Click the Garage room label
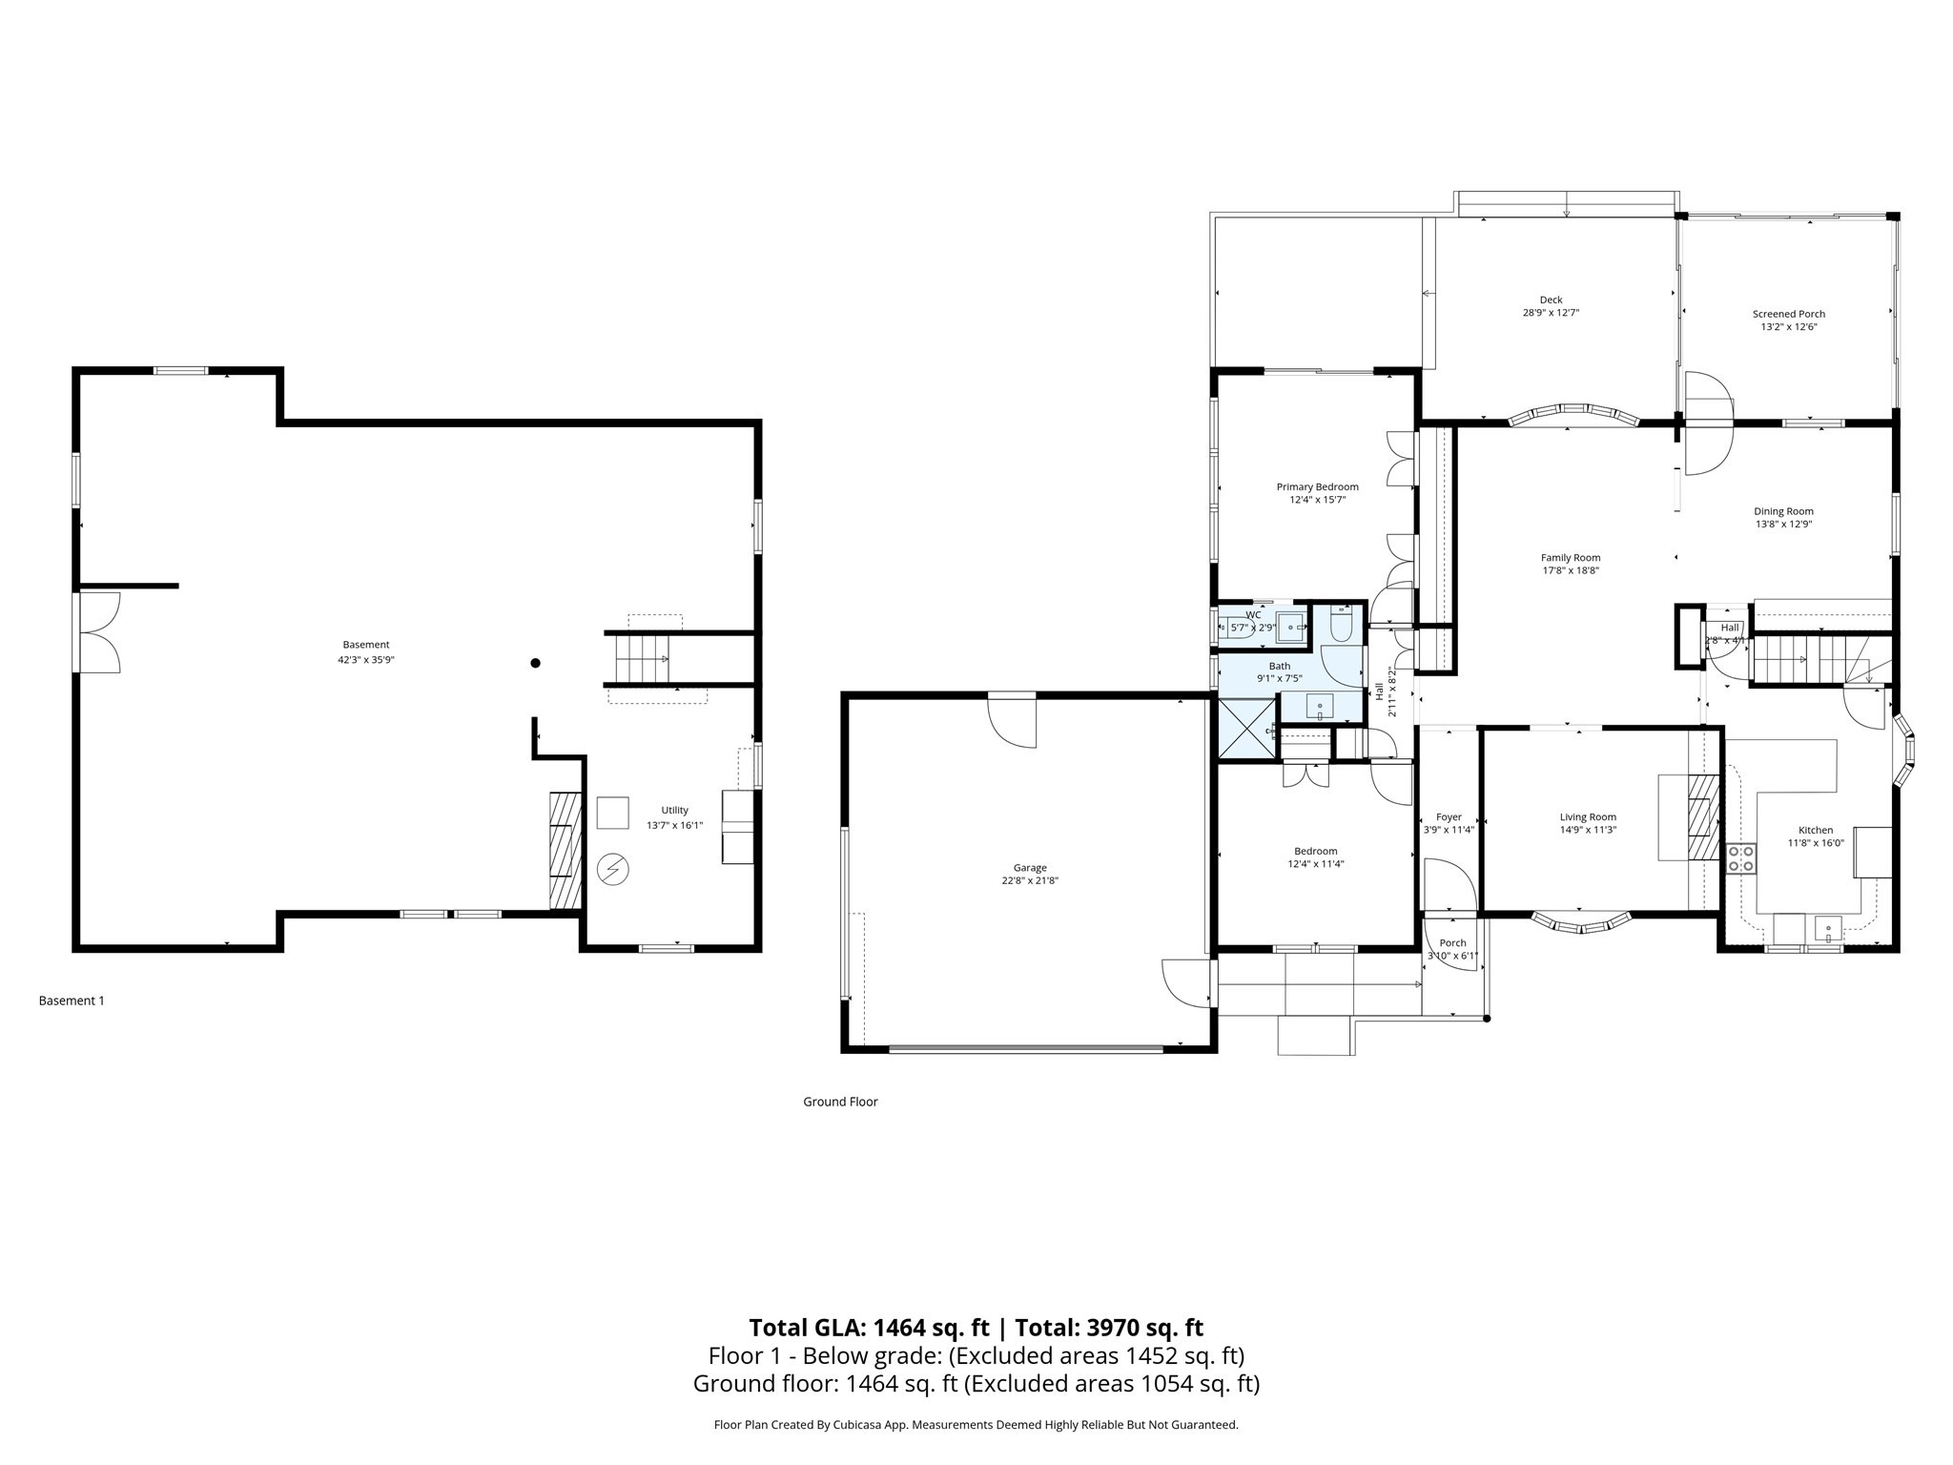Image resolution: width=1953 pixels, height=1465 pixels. coord(1029,868)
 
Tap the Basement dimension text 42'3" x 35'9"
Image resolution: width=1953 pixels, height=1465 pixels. coord(365,659)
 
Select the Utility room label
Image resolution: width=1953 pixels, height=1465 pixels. coord(674,811)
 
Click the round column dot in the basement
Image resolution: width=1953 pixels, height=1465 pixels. coord(536,663)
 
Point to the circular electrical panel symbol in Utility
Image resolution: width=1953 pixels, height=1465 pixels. coord(612,869)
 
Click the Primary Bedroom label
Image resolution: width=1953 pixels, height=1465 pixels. coord(1317,487)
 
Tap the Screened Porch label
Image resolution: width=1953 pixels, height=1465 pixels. coord(1788,314)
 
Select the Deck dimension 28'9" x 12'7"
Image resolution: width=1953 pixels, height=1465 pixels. coord(1551,313)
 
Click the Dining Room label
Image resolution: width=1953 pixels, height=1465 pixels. coord(1783,511)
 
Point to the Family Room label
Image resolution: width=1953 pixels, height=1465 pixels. coord(1571,558)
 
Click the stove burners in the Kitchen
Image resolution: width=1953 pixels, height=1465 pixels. coord(1741,858)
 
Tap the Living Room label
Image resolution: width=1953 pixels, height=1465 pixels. coord(1588,817)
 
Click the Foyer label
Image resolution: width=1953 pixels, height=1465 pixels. coord(1449,817)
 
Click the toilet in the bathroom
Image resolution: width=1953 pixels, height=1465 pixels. coord(1339,626)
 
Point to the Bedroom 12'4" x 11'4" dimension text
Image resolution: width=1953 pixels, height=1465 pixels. coord(1315,864)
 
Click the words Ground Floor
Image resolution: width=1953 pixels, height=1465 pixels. coord(840,1102)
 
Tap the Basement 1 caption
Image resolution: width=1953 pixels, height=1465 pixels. coord(72,1001)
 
